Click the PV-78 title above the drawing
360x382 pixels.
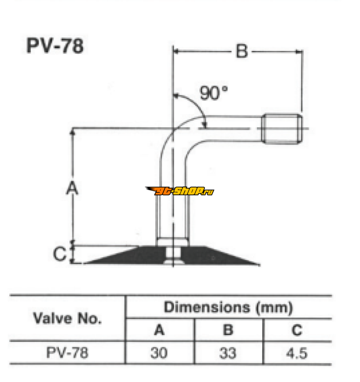55,45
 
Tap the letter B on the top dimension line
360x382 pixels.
242,51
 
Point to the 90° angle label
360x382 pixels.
213,93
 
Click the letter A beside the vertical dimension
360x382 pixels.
72,188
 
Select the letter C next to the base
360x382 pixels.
60,254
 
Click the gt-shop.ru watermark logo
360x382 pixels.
180,191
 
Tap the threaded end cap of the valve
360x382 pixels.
282,129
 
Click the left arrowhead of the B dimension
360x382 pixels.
176,51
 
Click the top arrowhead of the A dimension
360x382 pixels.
72,132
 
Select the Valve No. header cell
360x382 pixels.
67,318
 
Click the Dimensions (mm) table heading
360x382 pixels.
228,307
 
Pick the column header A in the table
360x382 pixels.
159,330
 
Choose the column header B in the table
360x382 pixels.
228,330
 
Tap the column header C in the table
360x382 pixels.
297,330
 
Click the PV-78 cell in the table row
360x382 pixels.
67,353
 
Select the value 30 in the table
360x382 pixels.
159,353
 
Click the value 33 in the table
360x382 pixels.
228,353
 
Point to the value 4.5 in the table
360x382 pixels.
297,353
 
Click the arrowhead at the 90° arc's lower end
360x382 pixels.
205,124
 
